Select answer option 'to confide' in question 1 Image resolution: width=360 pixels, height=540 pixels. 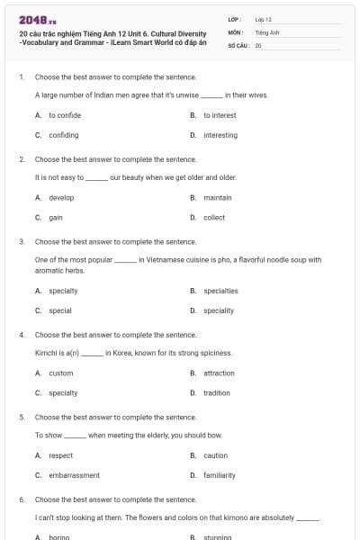65,115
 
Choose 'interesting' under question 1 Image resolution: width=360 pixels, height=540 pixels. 220,135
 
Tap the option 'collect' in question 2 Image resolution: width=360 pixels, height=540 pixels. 213,217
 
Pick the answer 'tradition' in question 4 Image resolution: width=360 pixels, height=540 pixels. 216,392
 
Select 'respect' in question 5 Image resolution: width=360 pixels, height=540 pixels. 60,455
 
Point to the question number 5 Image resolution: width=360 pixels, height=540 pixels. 21,418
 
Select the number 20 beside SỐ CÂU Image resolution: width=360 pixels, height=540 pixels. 258,44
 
